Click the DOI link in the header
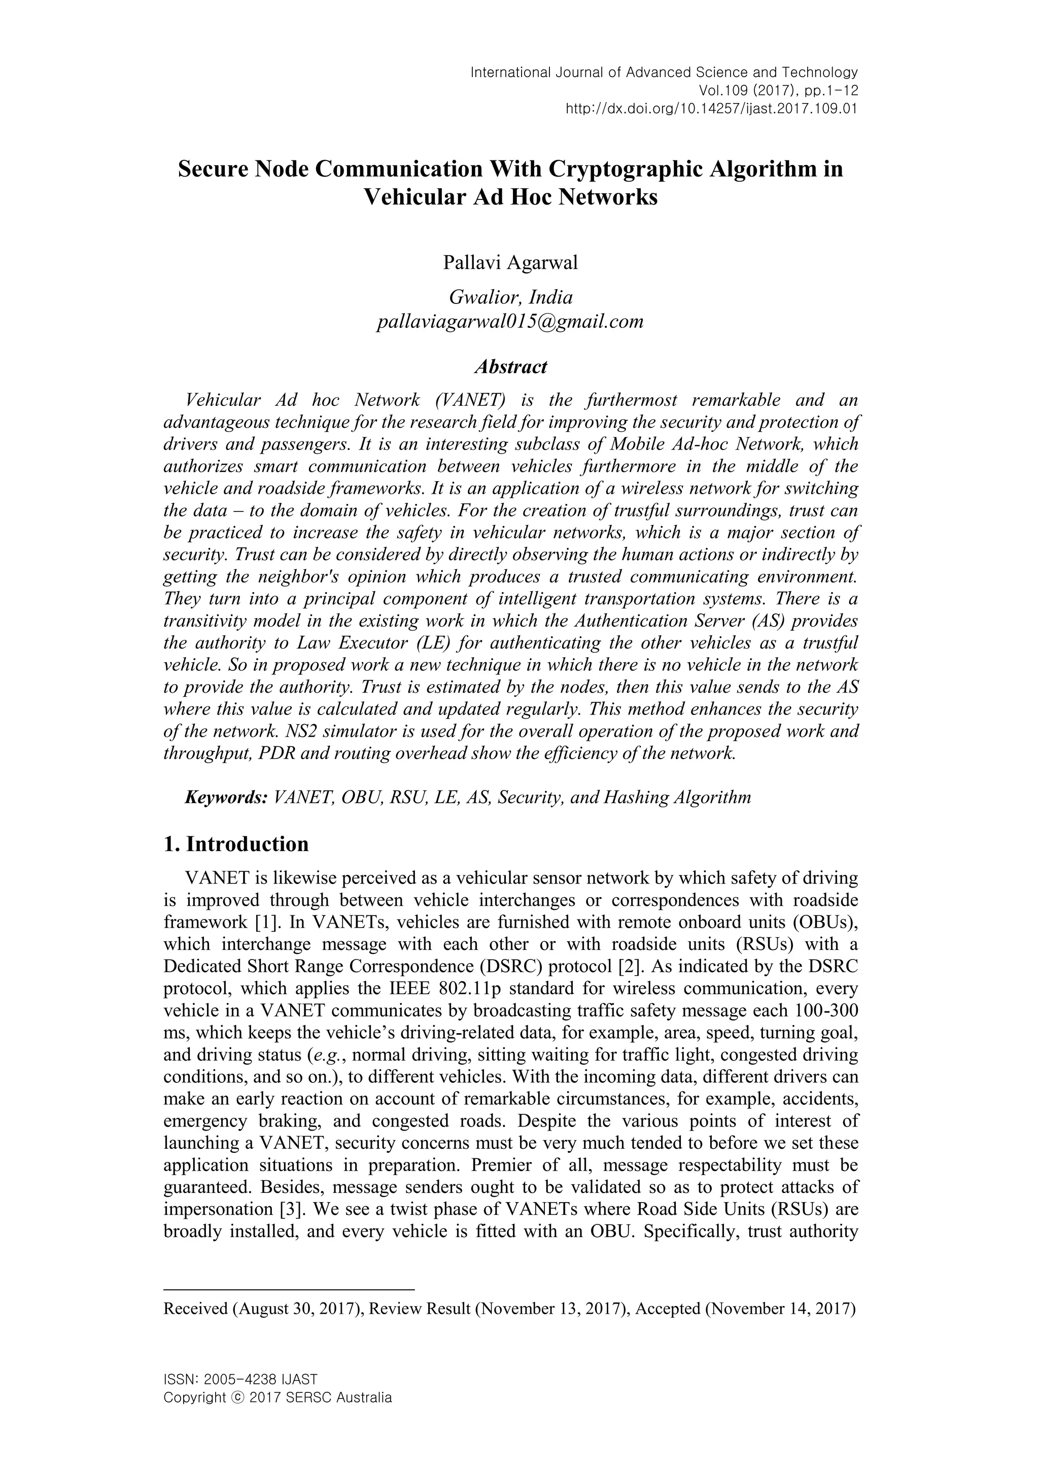pyautogui.click(x=711, y=108)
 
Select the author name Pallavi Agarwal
pyautogui.click(x=510, y=263)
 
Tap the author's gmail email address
pyautogui.click(x=510, y=321)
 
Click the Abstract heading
pyautogui.click(x=510, y=366)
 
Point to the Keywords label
pyautogui.click(x=226, y=797)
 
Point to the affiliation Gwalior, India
pyautogui.click(x=510, y=297)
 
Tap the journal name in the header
pyautogui.click(x=664, y=72)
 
